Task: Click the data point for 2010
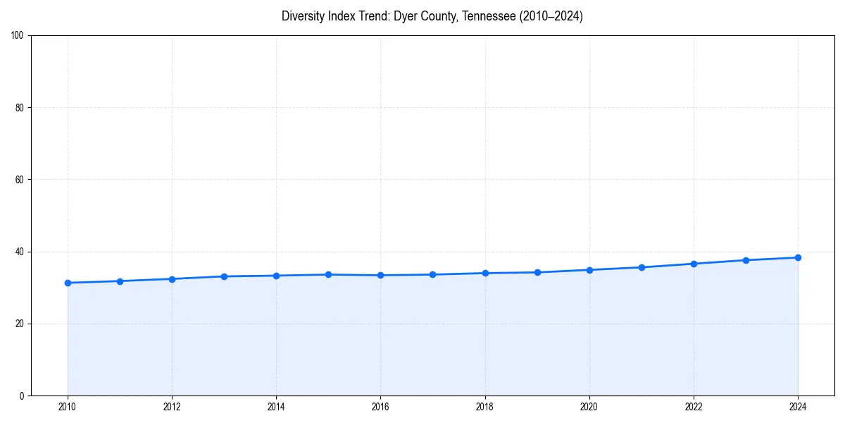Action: click(x=68, y=283)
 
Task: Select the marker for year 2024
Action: click(x=798, y=257)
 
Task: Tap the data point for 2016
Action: click(x=380, y=275)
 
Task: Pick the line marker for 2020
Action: click(x=589, y=270)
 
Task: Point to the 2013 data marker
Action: click(x=224, y=276)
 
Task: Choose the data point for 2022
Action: click(x=694, y=264)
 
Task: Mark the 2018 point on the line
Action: click(x=485, y=273)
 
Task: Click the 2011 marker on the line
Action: click(x=120, y=281)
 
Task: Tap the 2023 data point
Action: click(x=746, y=260)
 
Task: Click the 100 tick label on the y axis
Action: click(x=18, y=36)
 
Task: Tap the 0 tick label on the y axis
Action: click(x=22, y=396)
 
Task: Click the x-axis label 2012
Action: click(x=172, y=407)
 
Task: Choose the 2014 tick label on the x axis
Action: click(x=276, y=407)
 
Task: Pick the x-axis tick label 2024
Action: click(x=798, y=407)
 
